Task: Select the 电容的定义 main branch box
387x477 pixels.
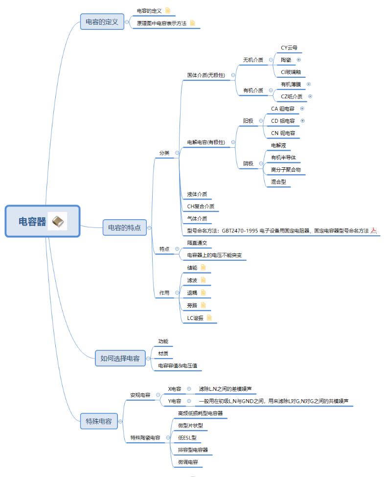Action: point(102,22)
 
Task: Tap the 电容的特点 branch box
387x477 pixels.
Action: point(124,227)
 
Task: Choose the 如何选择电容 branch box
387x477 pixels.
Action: point(120,358)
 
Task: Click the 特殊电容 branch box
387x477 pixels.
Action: point(99,421)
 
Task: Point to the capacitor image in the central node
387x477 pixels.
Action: point(58,222)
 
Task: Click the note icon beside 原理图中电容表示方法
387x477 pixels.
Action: point(192,23)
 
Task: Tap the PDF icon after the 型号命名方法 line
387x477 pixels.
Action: point(374,231)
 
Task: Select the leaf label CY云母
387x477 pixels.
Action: point(289,48)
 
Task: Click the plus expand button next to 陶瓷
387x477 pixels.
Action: point(299,60)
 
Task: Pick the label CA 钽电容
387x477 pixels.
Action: point(283,109)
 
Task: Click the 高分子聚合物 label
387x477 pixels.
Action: point(286,170)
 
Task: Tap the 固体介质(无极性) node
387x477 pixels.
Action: point(206,75)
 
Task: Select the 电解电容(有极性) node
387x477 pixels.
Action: point(206,142)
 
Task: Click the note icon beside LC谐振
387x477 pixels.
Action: point(209,318)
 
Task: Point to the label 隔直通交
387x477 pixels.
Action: point(197,243)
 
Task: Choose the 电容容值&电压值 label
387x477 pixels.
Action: point(177,365)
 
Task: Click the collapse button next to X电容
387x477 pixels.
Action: point(189,389)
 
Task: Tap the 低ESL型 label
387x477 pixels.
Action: point(186,437)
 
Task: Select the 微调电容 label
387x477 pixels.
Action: point(188,462)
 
